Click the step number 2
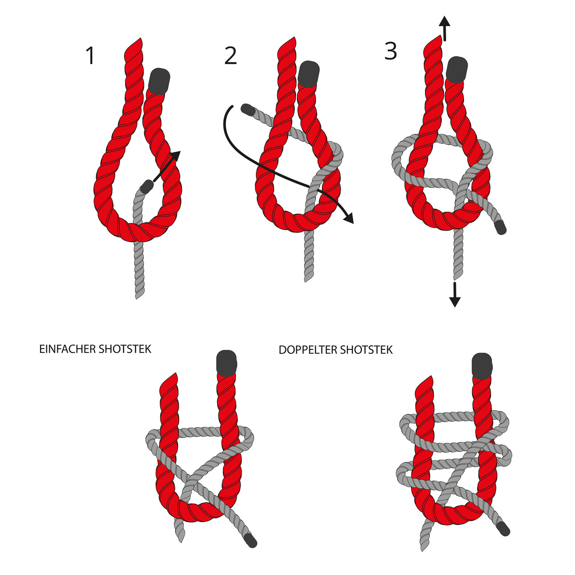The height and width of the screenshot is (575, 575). click(x=230, y=56)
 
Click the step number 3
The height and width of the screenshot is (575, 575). click(x=390, y=51)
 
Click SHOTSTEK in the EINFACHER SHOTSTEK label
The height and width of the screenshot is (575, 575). click(x=125, y=349)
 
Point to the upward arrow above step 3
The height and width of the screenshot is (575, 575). click(x=445, y=28)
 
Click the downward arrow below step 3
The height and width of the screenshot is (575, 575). click(x=455, y=294)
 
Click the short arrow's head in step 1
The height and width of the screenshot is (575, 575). click(x=176, y=156)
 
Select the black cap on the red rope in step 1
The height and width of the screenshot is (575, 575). click(x=159, y=81)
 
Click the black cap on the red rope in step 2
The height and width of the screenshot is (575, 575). click(x=308, y=74)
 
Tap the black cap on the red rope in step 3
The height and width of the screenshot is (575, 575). click(x=456, y=69)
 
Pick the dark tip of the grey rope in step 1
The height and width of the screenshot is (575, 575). click(x=146, y=187)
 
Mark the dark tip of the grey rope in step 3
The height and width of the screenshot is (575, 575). click(x=501, y=227)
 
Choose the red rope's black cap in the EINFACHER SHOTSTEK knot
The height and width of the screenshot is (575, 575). click(x=226, y=363)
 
